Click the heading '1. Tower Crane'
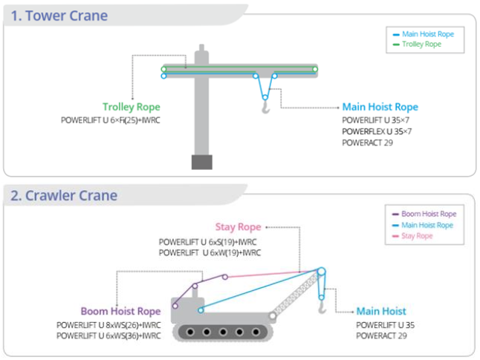(x=59, y=16)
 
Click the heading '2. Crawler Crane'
(x=63, y=196)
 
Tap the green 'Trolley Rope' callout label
(x=132, y=107)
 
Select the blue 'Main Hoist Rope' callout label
(x=380, y=107)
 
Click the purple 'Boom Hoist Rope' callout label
(x=121, y=311)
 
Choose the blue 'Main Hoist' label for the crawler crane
(x=381, y=311)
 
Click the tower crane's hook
(x=265, y=110)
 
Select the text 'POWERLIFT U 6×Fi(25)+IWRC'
(x=111, y=120)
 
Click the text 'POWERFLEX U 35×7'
(x=377, y=131)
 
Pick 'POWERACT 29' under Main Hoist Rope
(x=368, y=142)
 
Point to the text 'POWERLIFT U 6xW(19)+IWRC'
(x=210, y=253)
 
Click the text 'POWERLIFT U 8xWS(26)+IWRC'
(x=108, y=324)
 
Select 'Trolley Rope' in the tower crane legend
(x=421, y=45)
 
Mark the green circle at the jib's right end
(x=315, y=69)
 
